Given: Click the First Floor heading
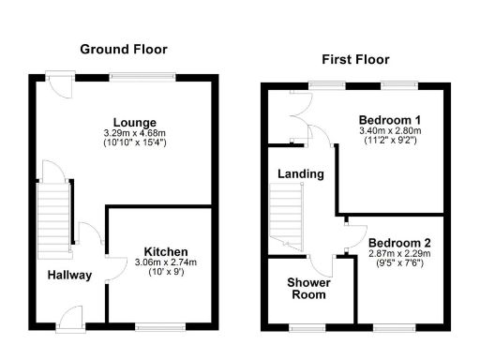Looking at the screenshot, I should point(356,59).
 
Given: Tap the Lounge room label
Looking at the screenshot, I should point(135,123).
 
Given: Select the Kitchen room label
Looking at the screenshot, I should point(166,252).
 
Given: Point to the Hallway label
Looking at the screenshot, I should point(70,275).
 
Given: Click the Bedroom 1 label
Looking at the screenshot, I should point(389,119).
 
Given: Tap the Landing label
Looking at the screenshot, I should point(301,174).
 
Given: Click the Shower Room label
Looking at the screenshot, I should point(307,288).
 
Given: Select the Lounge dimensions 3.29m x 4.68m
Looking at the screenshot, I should point(135,134).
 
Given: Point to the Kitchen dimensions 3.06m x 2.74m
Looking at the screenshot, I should point(166,263).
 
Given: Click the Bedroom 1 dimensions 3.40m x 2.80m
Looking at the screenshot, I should point(389,130).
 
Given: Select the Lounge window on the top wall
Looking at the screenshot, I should point(142,76).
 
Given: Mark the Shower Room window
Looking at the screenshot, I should point(307,326).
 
